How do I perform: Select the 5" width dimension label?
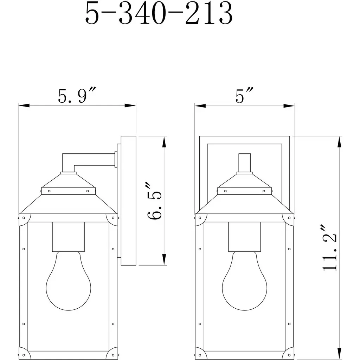pyautogui.click(x=244, y=95)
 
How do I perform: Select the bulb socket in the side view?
pyautogui.click(x=69, y=237)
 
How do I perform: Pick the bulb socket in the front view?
pyautogui.click(x=245, y=237)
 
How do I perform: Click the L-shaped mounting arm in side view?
pyautogui.click(x=88, y=159)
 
